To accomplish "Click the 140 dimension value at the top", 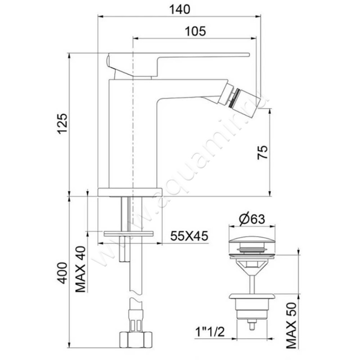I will [180, 9].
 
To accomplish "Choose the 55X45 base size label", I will [189, 236].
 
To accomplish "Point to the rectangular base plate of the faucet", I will [129, 191].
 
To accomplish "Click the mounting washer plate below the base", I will [129, 234].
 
